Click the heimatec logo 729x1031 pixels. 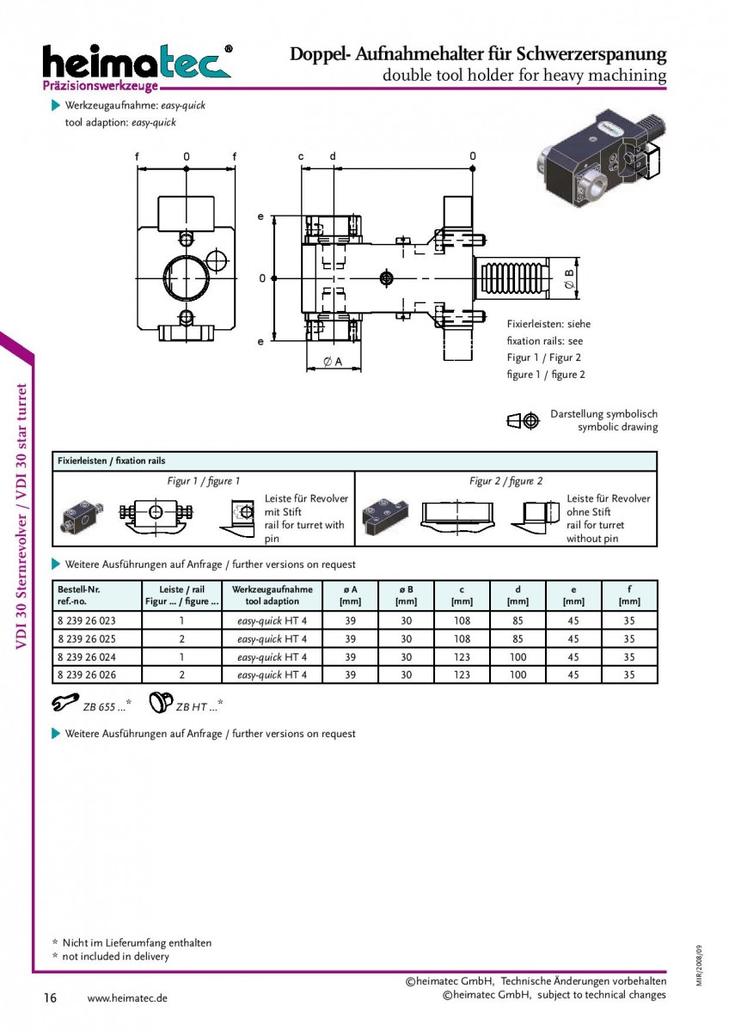[x=138, y=67]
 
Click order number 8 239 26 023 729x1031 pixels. [x=87, y=621]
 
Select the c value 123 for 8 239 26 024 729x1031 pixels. [x=462, y=656]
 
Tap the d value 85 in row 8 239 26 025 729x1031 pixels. [x=518, y=639]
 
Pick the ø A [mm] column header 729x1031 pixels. [x=350, y=595]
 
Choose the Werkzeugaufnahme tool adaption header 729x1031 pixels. [x=273, y=595]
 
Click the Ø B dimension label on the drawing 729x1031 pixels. [x=569, y=279]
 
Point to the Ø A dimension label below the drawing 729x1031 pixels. [x=333, y=362]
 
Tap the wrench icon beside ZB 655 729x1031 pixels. [x=65, y=703]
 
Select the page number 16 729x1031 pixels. [x=50, y=997]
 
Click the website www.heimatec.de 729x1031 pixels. [x=127, y=998]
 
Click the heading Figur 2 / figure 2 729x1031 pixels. [x=505, y=481]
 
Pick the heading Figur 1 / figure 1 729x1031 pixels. [x=203, y=481]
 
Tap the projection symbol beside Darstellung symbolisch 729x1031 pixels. [x=523, y=420]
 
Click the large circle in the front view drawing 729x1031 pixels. [x=187, y=278]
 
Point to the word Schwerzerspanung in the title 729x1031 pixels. [x=591, y=54]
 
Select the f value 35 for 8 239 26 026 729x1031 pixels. [x=629, y=674]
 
